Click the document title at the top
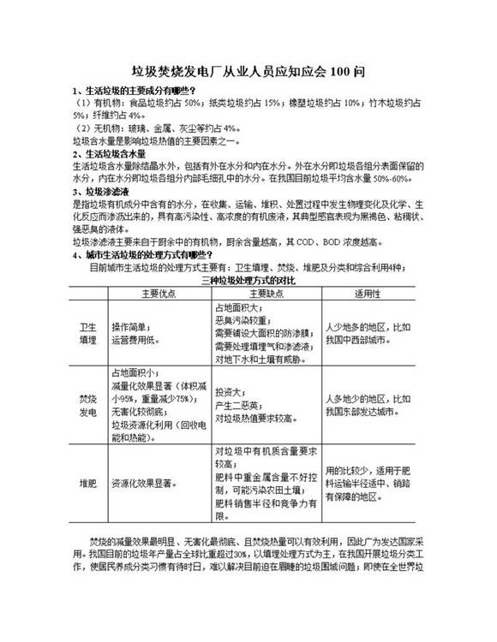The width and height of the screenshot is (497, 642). (x=248, y=72)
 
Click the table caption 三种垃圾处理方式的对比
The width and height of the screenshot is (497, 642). (x=248, y=280)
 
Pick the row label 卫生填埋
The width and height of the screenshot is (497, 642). (x=88, y=333)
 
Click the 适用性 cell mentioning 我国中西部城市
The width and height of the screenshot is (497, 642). (x=368, y=333)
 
